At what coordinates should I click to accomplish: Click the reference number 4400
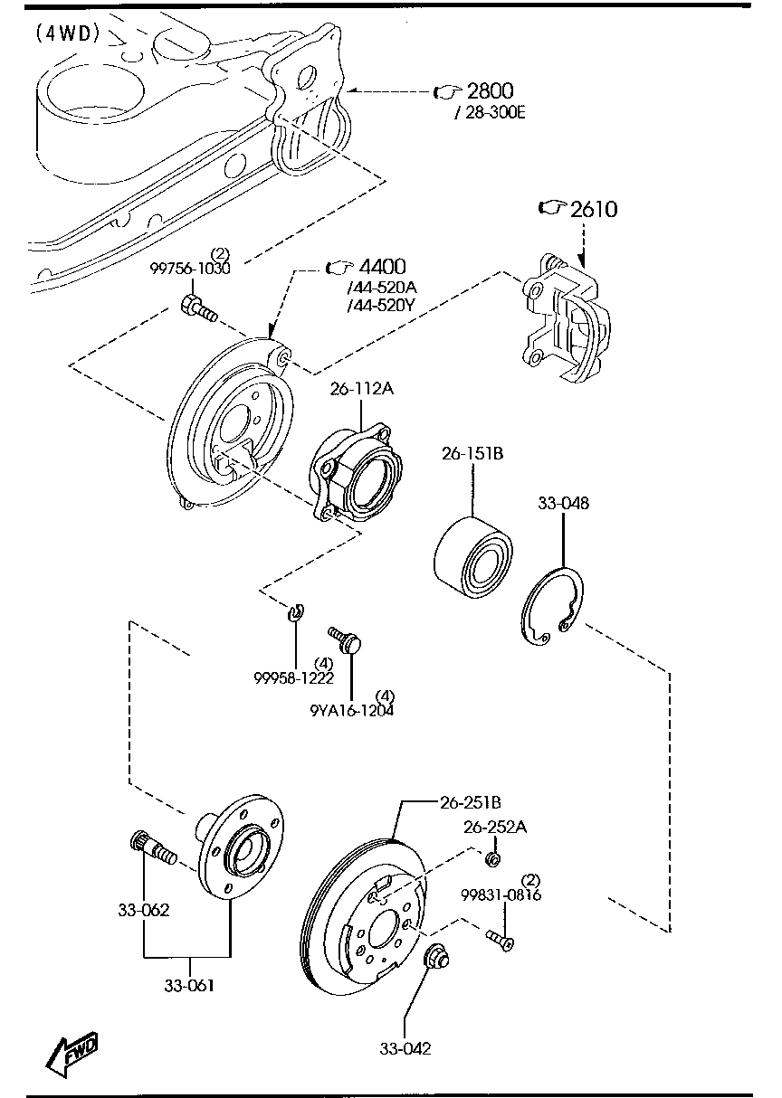pos(381,267)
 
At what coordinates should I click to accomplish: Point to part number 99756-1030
pos(190,269)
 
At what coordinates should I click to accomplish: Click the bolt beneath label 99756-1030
pos(198,308)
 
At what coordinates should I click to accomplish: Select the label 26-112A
pos(361,389)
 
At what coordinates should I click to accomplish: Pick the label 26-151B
pos(472,453)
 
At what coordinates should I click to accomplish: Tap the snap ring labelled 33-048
pos(553,609)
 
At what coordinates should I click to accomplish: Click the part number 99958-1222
pos(294,677)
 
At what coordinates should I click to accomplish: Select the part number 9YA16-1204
pos(351,710)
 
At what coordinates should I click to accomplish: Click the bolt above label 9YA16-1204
pos(347,640)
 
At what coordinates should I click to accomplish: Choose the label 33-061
pos(188,985)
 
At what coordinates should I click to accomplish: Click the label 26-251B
pos(471,801)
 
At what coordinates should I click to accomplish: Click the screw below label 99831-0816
pos(500,941)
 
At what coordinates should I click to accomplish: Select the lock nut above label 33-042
pos(436,954)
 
